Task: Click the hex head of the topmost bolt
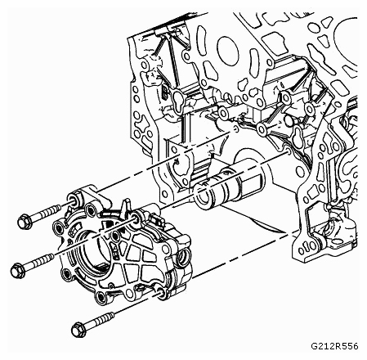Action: [25, 222]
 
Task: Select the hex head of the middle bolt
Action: [18, 270]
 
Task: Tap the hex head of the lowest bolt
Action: [78, 330]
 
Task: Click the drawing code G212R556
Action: [334, 346]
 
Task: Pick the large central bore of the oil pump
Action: [90, 252]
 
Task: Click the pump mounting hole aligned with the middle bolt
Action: [136, 217]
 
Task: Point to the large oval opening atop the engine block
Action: [227, 51]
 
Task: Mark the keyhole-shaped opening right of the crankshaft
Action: [298, 137]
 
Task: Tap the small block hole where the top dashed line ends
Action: [235, 128]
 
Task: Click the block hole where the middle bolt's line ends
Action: [287, 151]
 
